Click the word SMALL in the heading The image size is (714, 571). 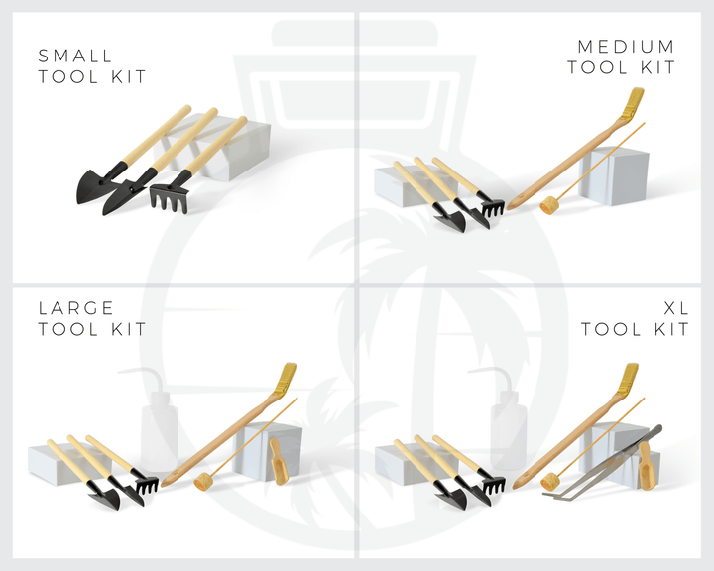(x=75, y=56)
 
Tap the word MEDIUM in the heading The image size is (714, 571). (x=626, y=47)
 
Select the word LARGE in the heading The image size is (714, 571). (x=75, y=308)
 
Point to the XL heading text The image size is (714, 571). (x=676, y=308)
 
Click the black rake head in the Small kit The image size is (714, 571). (x=169, y=198)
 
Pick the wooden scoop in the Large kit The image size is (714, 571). (x=278, y=461)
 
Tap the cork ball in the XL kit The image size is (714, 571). (x=550, y=482)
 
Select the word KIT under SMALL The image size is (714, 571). (x=128, y=76)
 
